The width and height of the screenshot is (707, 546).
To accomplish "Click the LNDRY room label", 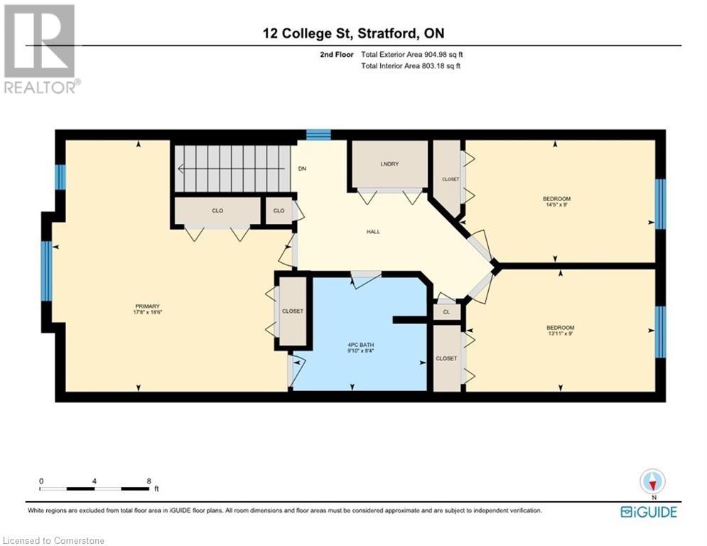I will point(389,164).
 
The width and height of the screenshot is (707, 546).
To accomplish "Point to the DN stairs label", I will point(302,169).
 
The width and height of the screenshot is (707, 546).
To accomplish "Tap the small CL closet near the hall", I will point(446,311).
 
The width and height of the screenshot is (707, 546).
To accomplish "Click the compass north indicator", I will point(652,482).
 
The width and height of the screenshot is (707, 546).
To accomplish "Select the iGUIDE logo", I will point(648,512).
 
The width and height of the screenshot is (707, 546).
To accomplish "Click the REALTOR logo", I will point(41,49).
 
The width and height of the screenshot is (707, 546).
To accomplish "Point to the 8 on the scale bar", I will point(148,481).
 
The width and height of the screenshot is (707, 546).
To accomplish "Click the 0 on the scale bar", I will point(41,481).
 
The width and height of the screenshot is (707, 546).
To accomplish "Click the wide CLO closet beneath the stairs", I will point(217,210).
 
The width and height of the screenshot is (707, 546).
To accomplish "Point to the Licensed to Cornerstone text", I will point(53,540).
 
